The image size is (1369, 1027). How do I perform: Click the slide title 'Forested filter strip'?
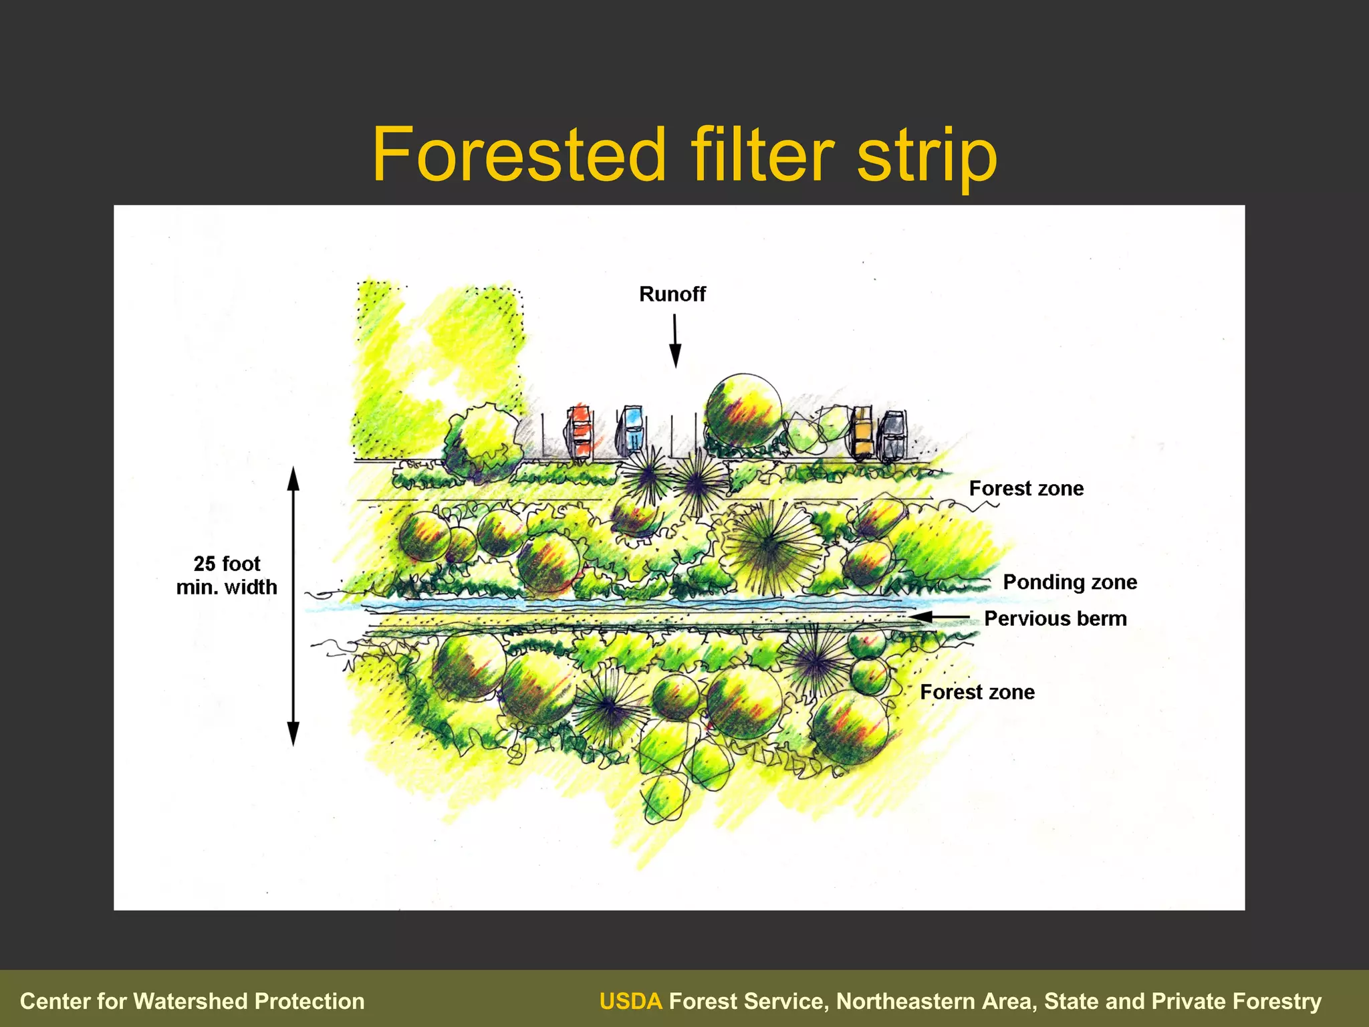pyautogui.click(x=684, y=155)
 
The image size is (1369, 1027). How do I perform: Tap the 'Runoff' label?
pyautogui.click(x=672, y=294)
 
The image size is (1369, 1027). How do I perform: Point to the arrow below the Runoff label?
pyautogui.click(x=675, y=341)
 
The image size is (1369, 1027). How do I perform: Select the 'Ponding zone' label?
pyautogui.click(x=1070, y=582)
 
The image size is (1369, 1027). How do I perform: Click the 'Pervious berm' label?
pyautogui.click(x=1055, y=618)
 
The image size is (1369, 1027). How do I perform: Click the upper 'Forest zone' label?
pyautogui.click(x=1026, y=489)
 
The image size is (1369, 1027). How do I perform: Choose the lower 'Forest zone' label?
pyautogui.click(x=977, y=692)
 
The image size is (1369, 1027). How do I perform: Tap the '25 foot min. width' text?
pyautogui.click(x=227, y=575)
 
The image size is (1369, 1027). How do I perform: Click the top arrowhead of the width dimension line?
pyautogui.click(x=293, y=478)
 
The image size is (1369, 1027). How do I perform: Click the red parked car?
pyautogui.click(x=579, y=433)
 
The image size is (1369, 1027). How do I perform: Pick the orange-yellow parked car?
pyautogui.click(x=862, y=433)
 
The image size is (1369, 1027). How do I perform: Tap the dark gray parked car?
pyautogui.click(x=892, y=435)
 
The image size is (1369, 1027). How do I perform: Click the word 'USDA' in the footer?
pyautogui.click(x=630, y=1001)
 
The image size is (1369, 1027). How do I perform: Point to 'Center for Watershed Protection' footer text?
pyautogui.click(x=193, y=1001)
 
